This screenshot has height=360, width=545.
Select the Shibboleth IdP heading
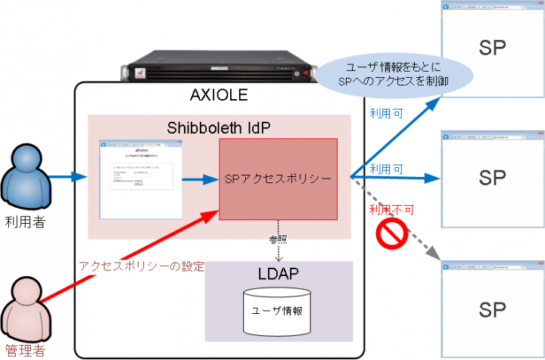pos(218,126)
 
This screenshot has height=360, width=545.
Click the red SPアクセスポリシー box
pos(279,178)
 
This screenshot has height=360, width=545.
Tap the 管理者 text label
pos(25,351)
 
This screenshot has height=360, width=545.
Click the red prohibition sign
pos(394,236)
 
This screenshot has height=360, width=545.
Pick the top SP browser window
pos(491,45)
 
